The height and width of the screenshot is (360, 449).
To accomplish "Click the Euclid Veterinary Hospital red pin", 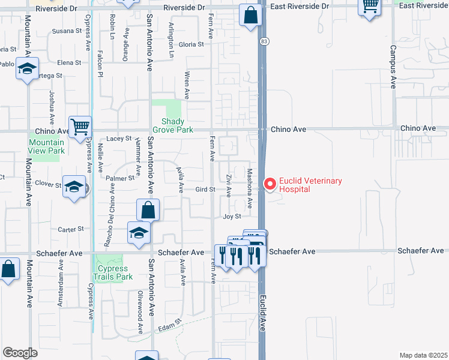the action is coord(270,184).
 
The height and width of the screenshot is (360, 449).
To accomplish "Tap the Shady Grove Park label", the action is coord(173,125).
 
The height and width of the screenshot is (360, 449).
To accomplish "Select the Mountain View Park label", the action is coord(46,147).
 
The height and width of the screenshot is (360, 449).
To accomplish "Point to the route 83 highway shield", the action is coord(264,41).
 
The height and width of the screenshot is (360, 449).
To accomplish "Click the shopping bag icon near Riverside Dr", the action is coord(250,15).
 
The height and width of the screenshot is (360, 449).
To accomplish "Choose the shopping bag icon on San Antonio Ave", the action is coord(148,210).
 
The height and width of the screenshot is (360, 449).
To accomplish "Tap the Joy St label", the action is coord(232,217).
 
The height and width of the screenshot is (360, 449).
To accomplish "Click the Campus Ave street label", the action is coord(393,67).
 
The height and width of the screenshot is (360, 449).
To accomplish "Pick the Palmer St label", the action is coord(124,178).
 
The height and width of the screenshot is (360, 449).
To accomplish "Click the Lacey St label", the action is coord(119,139).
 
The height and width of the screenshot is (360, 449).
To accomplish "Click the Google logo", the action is coord(20,353).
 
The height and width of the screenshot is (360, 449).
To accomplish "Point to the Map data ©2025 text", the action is coord(423,355).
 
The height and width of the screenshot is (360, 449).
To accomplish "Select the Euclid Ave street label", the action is coord(262,313).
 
